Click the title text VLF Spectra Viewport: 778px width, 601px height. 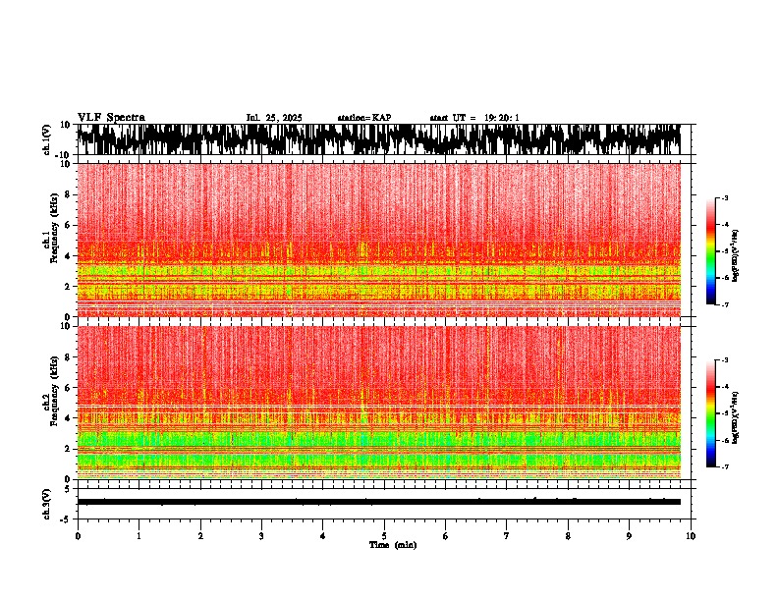click(x=111, y=117)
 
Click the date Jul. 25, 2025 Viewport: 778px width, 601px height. click(x=274, y=118)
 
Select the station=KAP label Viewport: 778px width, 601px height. click(x=364, y=118)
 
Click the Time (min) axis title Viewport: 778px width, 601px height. click(x=392, y=544)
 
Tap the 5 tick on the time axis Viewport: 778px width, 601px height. click(x=384, y=535)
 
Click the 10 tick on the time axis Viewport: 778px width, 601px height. click(x=691, y=535)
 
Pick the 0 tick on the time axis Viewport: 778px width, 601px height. click(x=78, y=535)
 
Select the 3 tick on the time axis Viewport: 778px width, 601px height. click(x=261, y=535)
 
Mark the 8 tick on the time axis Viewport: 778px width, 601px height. click(x=568, y=535)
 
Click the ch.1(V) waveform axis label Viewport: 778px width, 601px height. click(x=46, y=139)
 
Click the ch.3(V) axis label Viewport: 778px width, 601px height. click(x=46, y=502)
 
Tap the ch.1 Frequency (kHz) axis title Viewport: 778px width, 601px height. click(x=49, y=241)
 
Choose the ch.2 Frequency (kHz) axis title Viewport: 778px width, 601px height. click(x=49, y=402)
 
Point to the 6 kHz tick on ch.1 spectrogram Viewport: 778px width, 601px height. click(x=67, y=225)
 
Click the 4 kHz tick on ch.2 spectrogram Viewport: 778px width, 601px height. click(x=67, y=417)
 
